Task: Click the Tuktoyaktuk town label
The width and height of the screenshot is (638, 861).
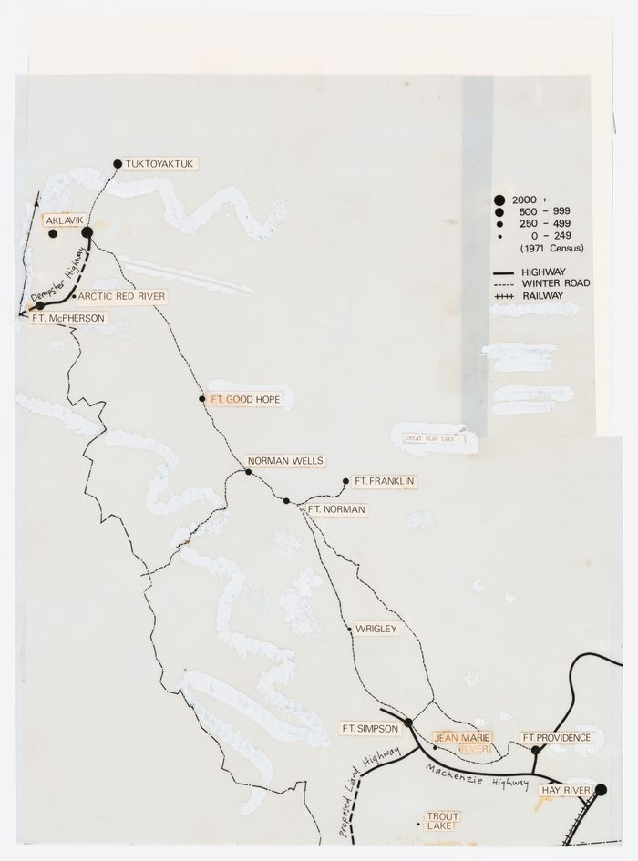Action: coord(161,164)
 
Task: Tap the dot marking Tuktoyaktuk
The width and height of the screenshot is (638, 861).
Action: coord(118,164)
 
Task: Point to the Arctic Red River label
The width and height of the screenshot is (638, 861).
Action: coord(120,296)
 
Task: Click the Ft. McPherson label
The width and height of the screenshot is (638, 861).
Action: coord(68,318)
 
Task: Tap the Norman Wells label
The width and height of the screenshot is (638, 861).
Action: coord(285,461)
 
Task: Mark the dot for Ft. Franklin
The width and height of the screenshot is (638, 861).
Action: coord(345,481)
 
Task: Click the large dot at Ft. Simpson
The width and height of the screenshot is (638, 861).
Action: coord(408,723)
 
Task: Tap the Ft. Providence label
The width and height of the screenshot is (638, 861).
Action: coord(556,737)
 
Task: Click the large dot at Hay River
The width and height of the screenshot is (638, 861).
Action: coord(602,790)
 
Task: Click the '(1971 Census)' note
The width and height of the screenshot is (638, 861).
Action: coord(551,249)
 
